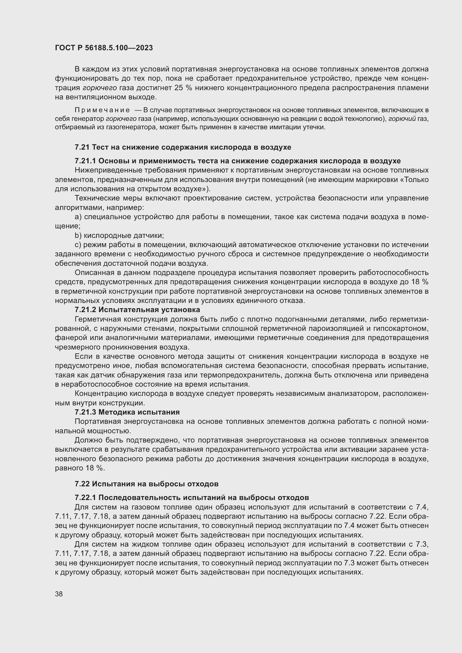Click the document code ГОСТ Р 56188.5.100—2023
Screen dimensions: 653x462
tap(104, 48)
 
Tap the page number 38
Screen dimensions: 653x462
tap(59, 594)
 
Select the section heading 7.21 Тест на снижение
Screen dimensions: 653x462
tap(183, 147)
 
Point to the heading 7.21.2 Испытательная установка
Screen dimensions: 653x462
tap(137, 309)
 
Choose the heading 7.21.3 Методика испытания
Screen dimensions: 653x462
tap(127, 412)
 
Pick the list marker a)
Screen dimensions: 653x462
tap(78, 217)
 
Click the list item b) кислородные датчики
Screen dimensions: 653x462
tap(119, 236)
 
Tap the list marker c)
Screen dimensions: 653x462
tap(78, 245)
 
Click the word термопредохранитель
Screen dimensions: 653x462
tap(238, 375)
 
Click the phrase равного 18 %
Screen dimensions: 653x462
tap(80, 468)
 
